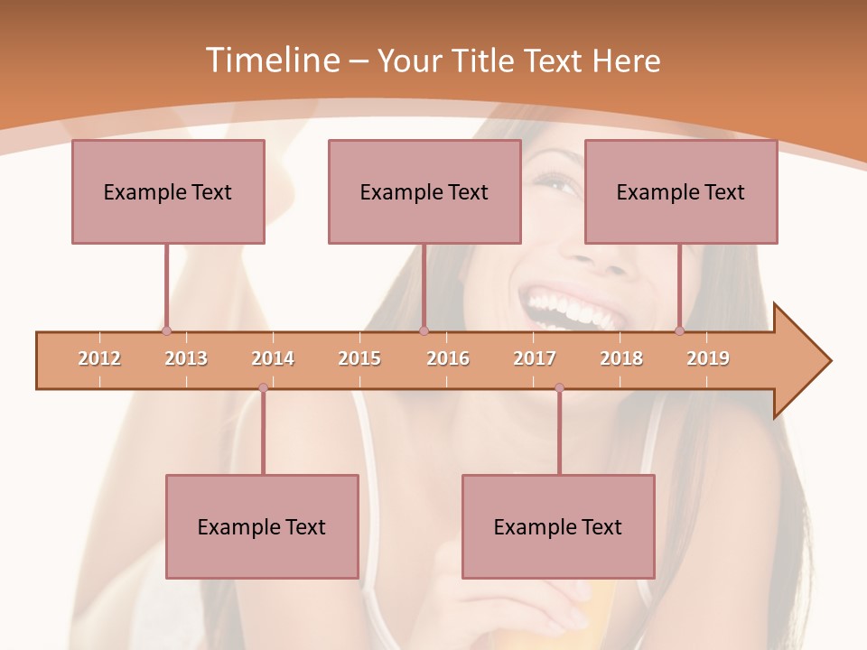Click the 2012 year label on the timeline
pyautogui.click(x=99, y=358)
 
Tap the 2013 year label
pyautogui.click(x=186, y=358)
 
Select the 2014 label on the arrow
pyautogui.click(x=273, y=358)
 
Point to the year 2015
pyautogui.click(x=359, y=358)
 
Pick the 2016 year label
pyautogui.click(x=448, y=358)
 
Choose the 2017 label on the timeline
pyautogui.click(x=535, y=358)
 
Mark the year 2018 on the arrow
pyautogui.click(x=621, y=358)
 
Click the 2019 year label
pyautogui.click(x=708, y=358)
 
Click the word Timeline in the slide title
pyautogui.click(x=271, y=60)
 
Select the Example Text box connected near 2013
pyautogui.click(x=168, y=191)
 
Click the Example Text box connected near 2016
pyautogui.click(x=424, y=191)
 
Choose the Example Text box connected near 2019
pyautogui.click(x=681, y=191)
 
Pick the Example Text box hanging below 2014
pyautogui.click(x=262, y=526)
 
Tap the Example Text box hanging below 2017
pyautogui.click(x=558, y=526)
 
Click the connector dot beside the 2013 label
pyautogui.click(x=166, y=330)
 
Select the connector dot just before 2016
pyautogui.click(x=424, y=330)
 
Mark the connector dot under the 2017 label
pyautogui.click(x=559, y=388)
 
